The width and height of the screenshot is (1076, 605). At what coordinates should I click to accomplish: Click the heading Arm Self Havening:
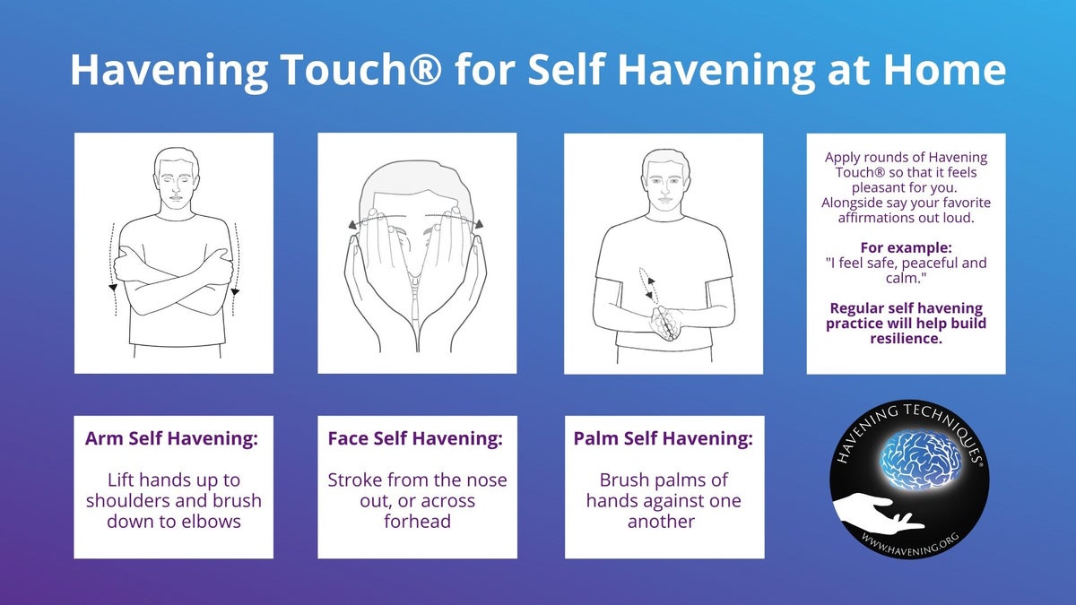(172, 439)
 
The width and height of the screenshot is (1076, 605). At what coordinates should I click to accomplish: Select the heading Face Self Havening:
(415, 439)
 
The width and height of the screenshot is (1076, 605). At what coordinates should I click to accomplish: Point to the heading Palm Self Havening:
(664, 439)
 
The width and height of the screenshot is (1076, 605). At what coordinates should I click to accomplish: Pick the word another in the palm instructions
(662, 521)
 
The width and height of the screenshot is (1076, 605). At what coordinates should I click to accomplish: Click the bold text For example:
(906, 246)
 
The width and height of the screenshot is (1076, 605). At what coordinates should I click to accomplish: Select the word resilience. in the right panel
(906, 338)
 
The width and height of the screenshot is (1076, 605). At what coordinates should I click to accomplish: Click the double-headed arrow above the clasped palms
(646, 285)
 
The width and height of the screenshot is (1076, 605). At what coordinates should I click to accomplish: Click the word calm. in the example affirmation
(906, 277)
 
